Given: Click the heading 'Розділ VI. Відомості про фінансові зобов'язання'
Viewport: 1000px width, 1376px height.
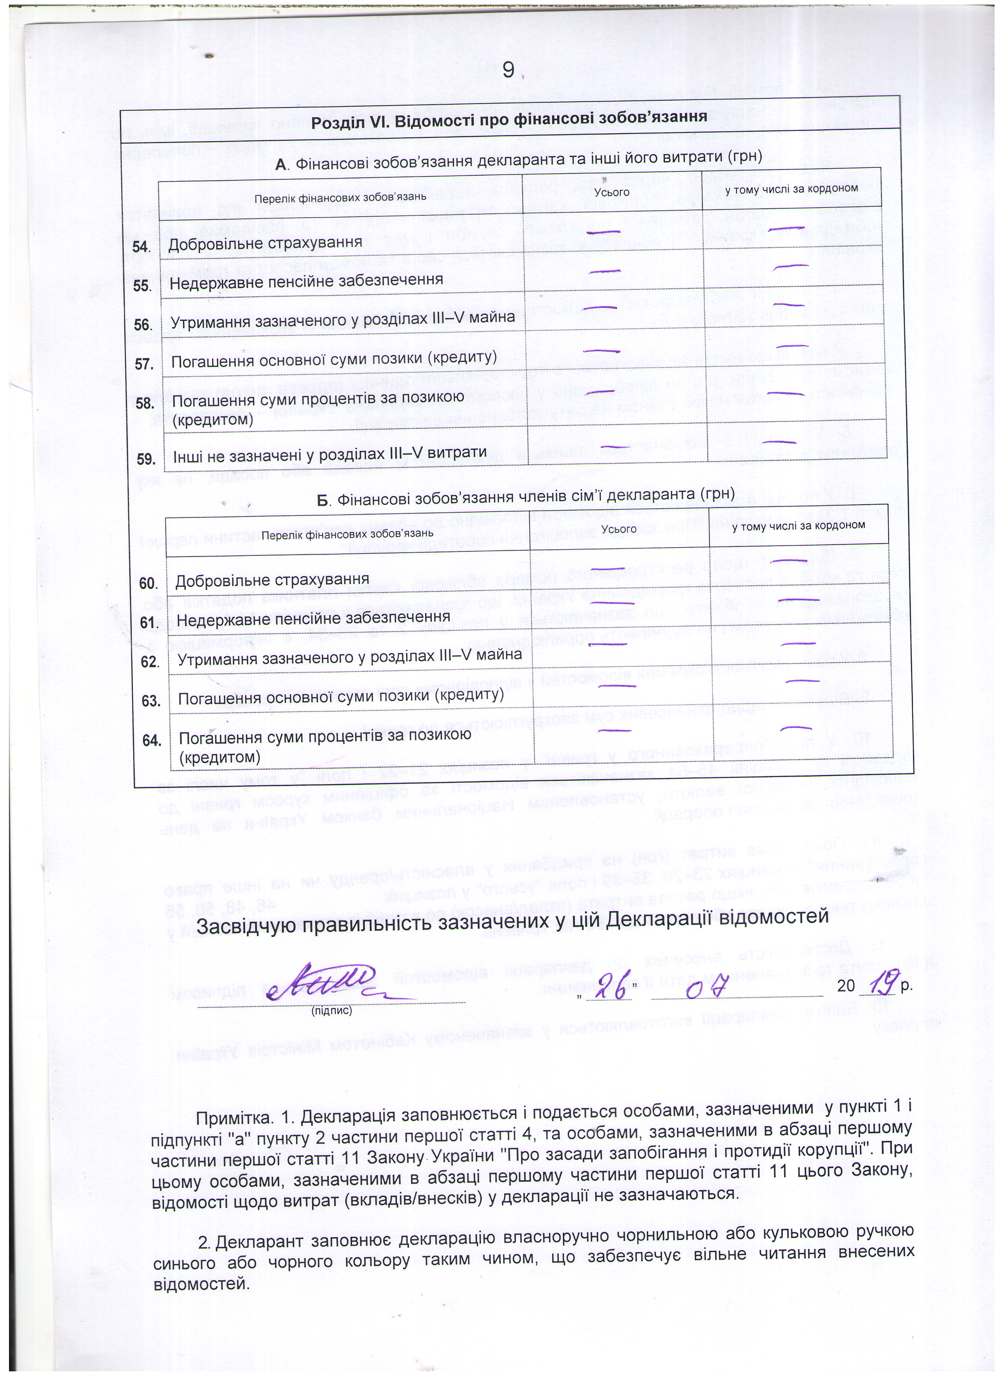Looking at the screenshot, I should coord(509,118).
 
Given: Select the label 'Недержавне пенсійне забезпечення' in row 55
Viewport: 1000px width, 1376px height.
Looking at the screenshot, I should coord(305,281).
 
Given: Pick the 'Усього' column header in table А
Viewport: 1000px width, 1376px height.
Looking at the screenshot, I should coord(612,192).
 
